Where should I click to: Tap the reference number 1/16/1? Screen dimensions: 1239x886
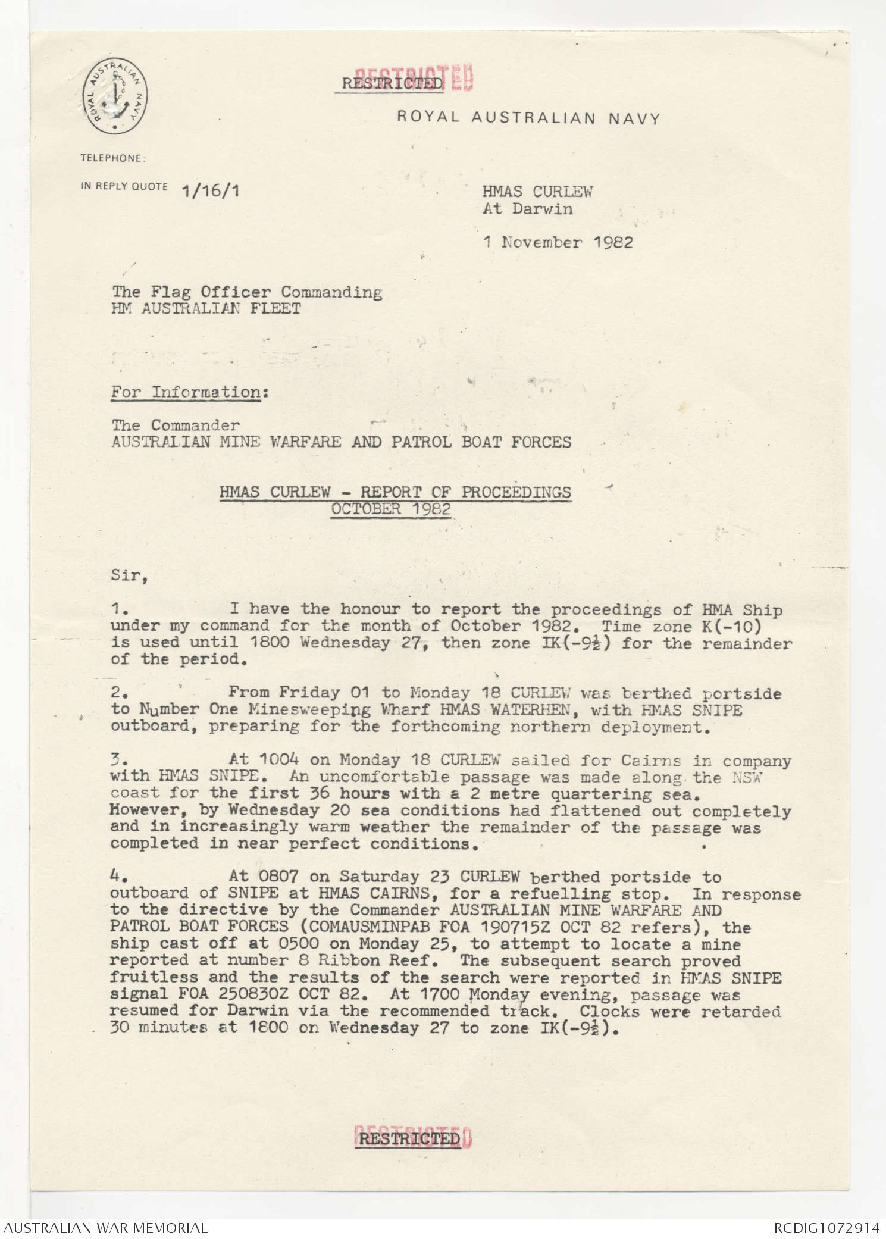point(212,190)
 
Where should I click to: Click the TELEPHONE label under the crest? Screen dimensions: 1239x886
point(112,158)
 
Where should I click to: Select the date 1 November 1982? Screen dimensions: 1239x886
point(558,242)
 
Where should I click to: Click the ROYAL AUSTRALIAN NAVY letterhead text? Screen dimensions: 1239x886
point(528,118)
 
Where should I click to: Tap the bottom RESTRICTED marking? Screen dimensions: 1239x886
point(411,1138)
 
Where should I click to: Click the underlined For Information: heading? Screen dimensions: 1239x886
point(186,392)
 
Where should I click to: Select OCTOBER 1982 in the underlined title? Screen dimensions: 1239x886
point(391,509)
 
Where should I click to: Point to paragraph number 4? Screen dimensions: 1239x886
point(117,876)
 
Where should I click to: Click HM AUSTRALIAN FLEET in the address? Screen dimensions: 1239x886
point(206,308)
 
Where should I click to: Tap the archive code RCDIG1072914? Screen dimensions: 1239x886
point(826,1228)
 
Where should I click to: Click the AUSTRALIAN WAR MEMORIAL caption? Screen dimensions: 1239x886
point(105,1228)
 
